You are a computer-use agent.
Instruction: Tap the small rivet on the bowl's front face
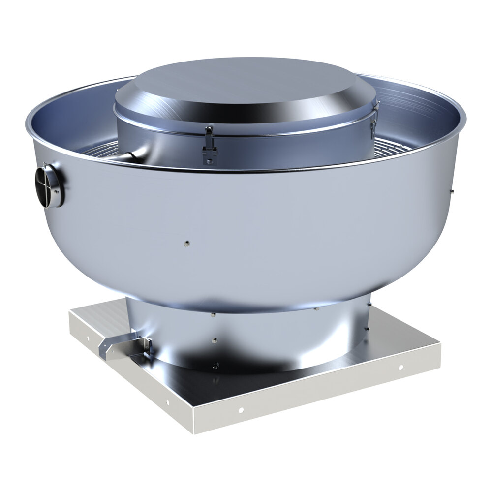click(x=186, y=242)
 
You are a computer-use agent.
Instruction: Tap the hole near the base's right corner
click(x=400, y=368)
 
